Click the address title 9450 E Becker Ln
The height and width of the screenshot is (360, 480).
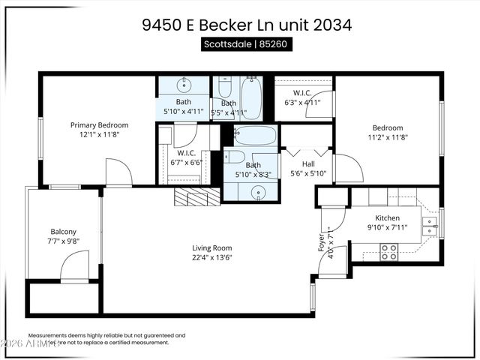247,24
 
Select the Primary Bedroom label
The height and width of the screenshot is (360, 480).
99,125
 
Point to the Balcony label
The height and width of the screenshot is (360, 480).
64,232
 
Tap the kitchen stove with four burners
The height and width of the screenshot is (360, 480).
388,252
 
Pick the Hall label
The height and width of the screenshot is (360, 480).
309,163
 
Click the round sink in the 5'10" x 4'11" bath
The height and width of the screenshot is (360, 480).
184,85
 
